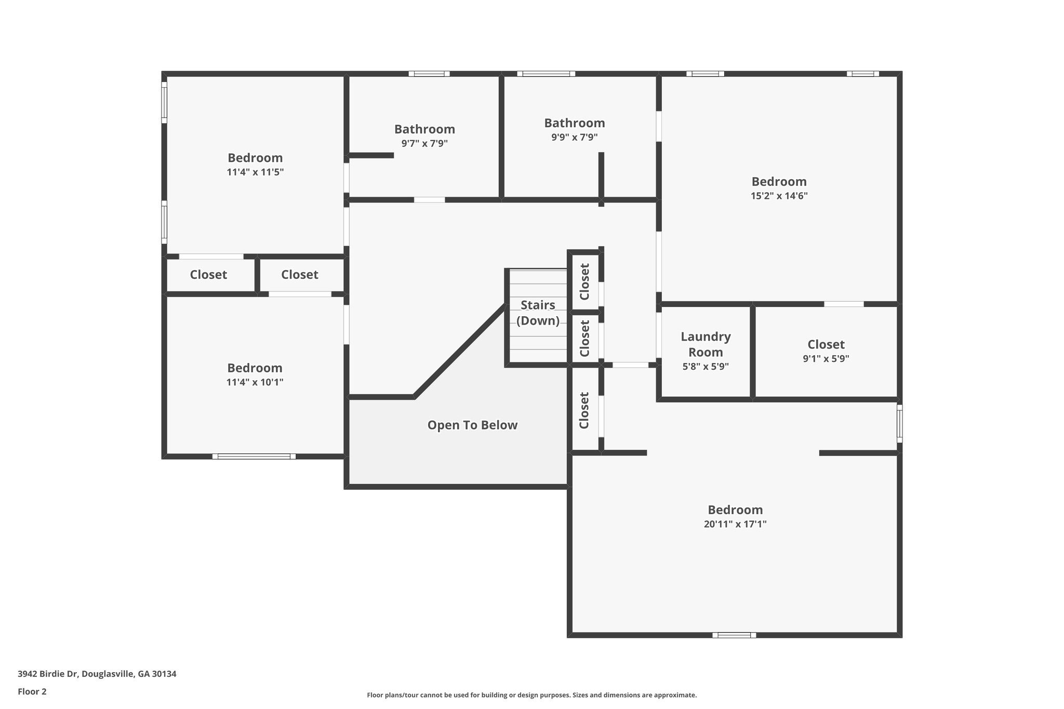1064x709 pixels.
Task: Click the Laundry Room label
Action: pyautogui.click(x=706, y=344)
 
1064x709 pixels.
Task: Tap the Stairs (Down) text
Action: pyautogui.click(x=538, y=313)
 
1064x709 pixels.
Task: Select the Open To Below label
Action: pyautogui.click(x=472, y=425)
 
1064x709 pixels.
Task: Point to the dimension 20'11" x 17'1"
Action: pyautogui.click(x=735, y=524)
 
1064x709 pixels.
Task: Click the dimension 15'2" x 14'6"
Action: pyautogui.click(x=779, y=196)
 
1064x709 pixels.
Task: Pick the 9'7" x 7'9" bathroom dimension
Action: pyautogui.click(x=424, y=143)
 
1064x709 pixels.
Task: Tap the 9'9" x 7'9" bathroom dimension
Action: pyautogui.click(x=574, y=138)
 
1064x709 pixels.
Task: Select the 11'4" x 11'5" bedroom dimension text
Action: pyautogui.click(x=255, y=172)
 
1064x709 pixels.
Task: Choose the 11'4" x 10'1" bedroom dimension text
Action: pyautogui.click(x=255, y=382)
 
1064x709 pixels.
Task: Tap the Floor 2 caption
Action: pyautogui.click(x=32, y=691)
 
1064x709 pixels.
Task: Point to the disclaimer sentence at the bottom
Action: pyautogui.click(x=531, y=695)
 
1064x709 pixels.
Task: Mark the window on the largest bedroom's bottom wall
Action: pyautogui.click(x=734, y=635)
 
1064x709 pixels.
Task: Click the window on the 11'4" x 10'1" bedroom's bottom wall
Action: pyautogui.click(x=254, y=457)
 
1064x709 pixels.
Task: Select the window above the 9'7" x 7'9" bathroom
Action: pyautogui.click(x=429, y=74)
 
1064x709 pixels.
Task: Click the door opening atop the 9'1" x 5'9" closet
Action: pyautogui.click(x=844, y=304)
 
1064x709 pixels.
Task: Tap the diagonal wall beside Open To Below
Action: pyautogui.click(x=460, y=351)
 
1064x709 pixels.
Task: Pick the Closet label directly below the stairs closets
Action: pyautogui.click(x=584, y=410)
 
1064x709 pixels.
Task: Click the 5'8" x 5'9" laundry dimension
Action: pyautogui.click(x=706, y=366)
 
